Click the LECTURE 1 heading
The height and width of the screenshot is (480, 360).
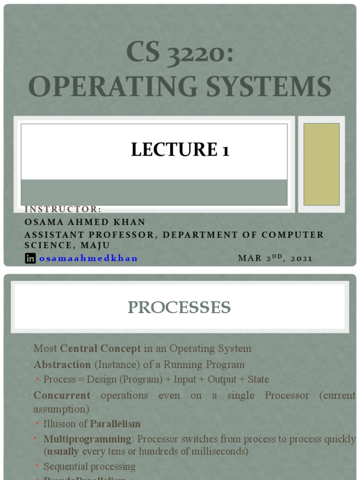pos(180,150)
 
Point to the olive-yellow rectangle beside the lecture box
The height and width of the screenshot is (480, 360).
pos(322,164)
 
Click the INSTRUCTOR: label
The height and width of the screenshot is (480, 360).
pos(63,210)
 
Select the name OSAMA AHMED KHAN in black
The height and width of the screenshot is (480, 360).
pos(85,222)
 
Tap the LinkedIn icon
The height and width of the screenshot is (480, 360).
pos(30,258)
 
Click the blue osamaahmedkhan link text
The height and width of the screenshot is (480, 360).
pos(89,258)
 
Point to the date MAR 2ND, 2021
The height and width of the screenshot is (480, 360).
pos(275,258)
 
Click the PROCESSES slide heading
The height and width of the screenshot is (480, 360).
pos(180,307)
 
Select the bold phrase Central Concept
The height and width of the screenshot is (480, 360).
pos(101,348)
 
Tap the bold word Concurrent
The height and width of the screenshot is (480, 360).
pos(62,395)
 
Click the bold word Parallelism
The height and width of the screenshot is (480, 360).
pos(115,424)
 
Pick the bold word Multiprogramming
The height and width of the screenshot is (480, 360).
pos(88,439)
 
